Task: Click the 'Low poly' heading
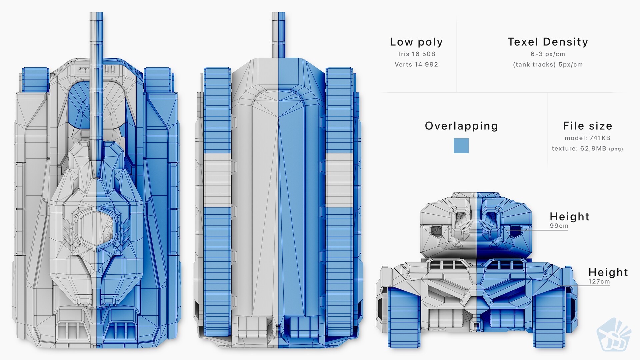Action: coord(416,42)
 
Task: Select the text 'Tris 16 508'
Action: coord(416,54)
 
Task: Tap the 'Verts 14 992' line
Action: coord(416,65)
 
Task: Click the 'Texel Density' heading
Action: coord(548,42)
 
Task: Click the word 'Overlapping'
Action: coord(461,126)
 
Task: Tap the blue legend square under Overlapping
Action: coord(461,146)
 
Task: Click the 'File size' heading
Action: coord(587,126)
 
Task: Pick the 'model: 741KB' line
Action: coord(587,138)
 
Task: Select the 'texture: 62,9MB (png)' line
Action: coord(587,149)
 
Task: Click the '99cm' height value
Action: coord(559,226)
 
